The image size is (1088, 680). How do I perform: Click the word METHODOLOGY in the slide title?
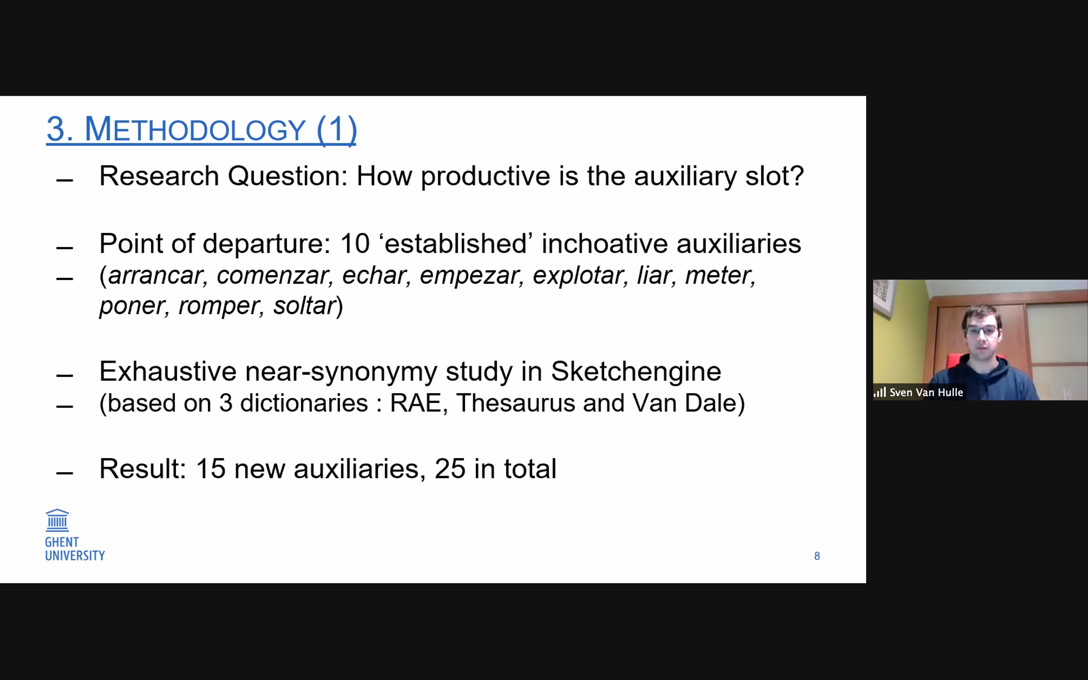coord(195,130)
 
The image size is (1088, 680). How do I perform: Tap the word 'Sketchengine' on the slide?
coord(636,371)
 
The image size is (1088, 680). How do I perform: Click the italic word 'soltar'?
coord(305,306)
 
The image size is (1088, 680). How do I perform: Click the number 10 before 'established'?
coord(355,244)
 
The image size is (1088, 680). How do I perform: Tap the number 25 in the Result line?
coord(450,469)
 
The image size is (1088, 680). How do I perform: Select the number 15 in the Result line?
coord(210,469)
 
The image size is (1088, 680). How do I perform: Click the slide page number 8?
coord(817,556)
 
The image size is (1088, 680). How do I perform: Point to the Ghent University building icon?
coord(57,520)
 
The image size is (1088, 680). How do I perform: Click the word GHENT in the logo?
coord(62,542)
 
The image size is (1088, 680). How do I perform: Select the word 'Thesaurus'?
coord(515,403)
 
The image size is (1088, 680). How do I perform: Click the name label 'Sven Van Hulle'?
coord(926,392)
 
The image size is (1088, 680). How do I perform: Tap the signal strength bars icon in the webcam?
coord(879,392)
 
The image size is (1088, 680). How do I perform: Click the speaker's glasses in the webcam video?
coord(982,332)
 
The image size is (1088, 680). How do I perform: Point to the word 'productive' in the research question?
coord(485,176)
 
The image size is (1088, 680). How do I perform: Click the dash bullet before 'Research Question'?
coord(65,180)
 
